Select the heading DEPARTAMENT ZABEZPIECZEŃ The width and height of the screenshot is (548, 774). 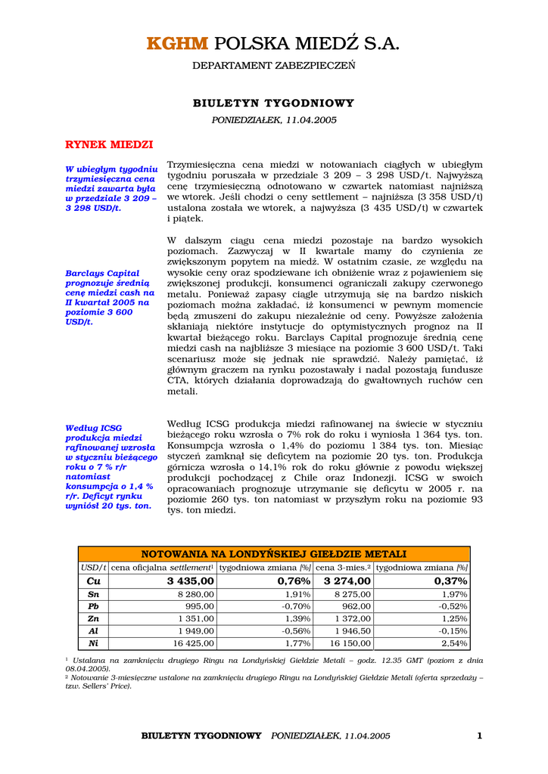click(x=273, y=66)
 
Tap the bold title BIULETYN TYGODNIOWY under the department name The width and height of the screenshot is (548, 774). click(x=273, y=103)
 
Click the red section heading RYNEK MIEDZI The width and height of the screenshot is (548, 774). click(x=109, y=144)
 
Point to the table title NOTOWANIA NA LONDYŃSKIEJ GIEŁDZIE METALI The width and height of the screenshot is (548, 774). click(x=273, y=554)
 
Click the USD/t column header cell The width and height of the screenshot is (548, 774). click(x=93, y=568)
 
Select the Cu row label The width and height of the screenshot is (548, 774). click(x=93, y=581)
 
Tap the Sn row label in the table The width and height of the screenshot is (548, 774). click(x=93, y=595)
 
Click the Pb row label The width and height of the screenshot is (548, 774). click(x=93, y=607)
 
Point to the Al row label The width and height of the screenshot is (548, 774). click(x=93, y=631)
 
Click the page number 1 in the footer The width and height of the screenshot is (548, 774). click(x=479, y=735)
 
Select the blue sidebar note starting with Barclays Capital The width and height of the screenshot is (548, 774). click(x=110, y=297)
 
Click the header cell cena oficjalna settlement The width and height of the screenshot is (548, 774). click(x=163, y=568)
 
